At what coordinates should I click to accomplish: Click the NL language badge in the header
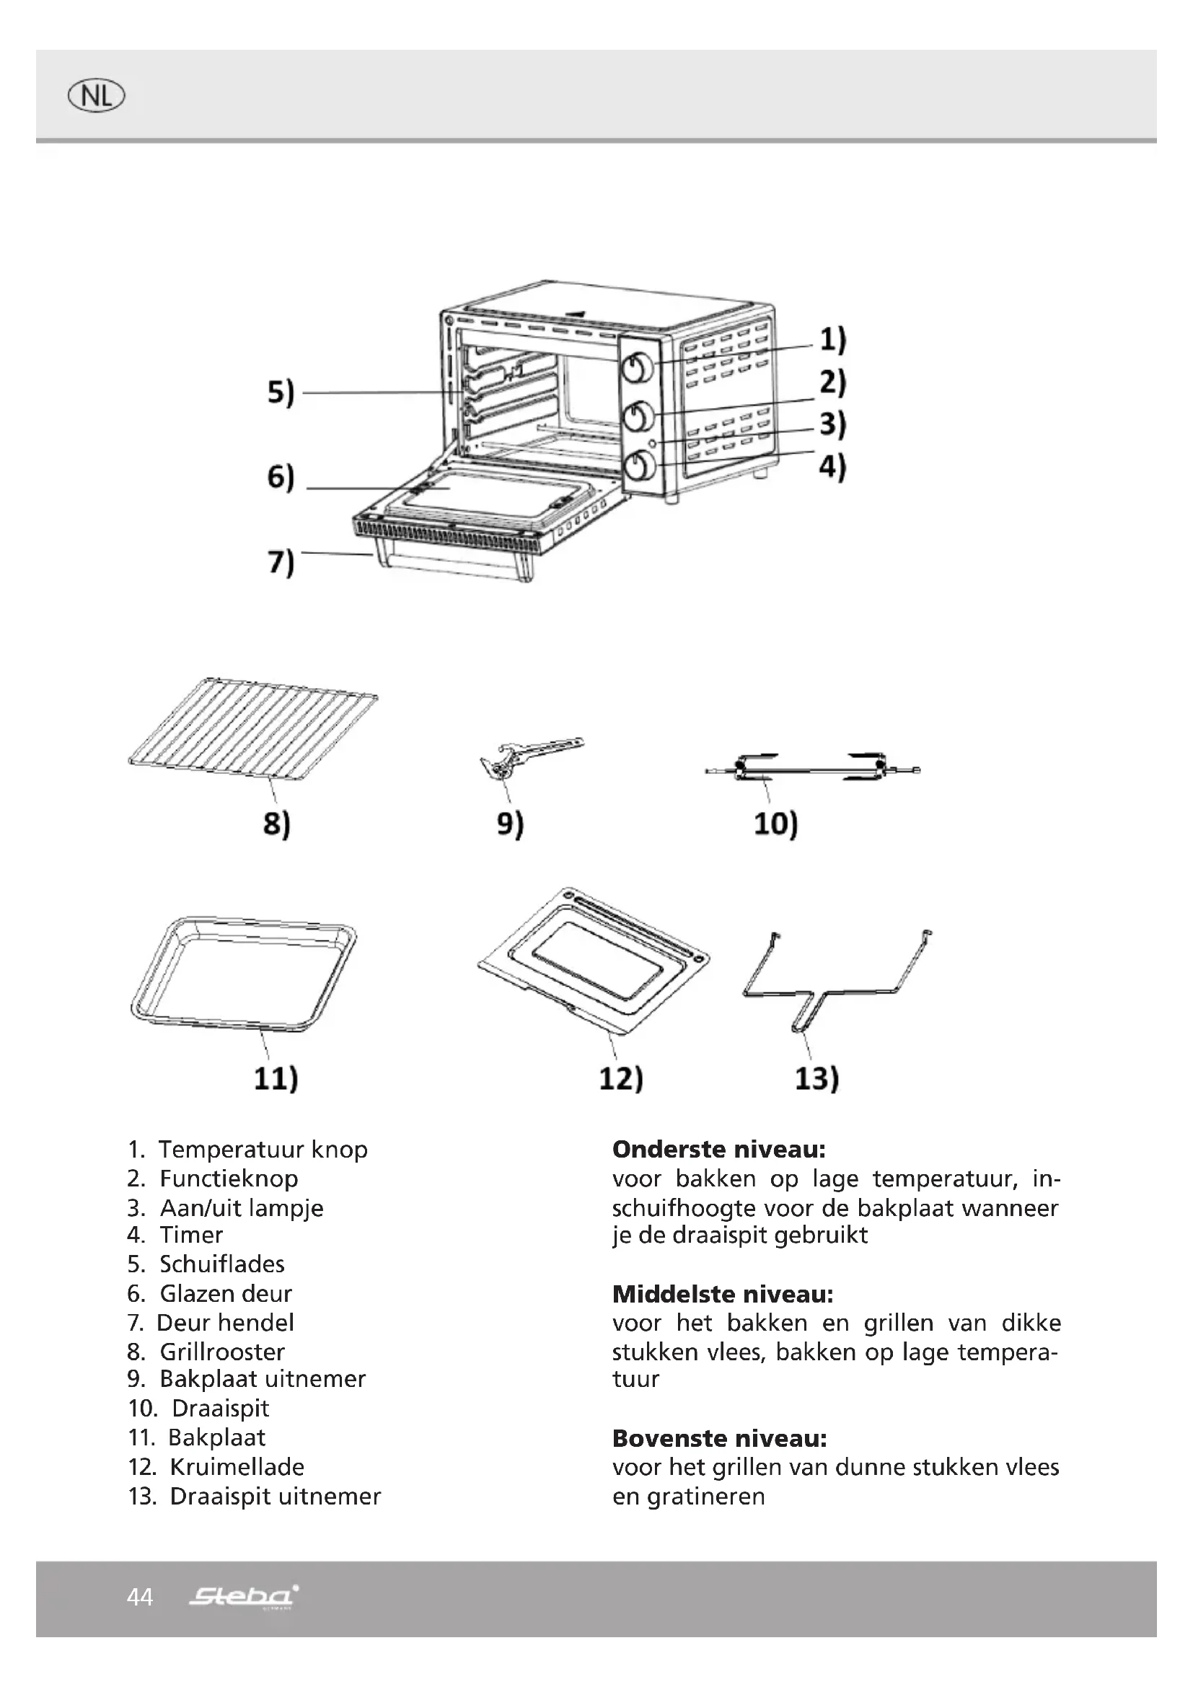[96, 96]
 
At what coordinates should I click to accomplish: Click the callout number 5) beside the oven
[281, 392]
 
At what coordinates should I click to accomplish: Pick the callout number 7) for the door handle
[281, 562]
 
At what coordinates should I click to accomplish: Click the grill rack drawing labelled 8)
[252, 731]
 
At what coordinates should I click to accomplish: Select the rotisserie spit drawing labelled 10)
[811, 769]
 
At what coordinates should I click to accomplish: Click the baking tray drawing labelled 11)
[242, 974]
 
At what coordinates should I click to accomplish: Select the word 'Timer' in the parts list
[191, 1235]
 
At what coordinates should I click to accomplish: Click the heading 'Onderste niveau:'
[719, 1149]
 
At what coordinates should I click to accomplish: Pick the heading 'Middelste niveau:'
[723, 1294]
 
